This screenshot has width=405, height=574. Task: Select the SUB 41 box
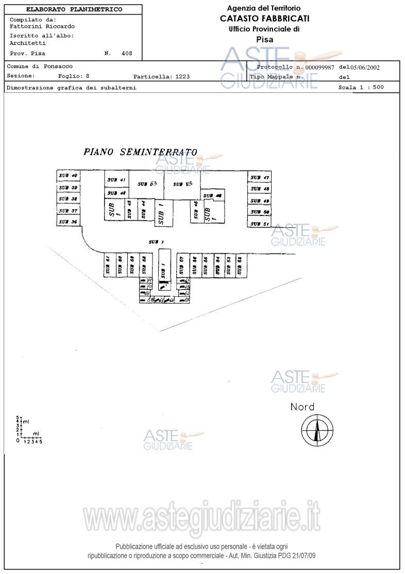coord(116,180)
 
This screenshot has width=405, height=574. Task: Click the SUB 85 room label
coord(182,184)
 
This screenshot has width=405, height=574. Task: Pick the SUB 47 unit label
coord(260,178)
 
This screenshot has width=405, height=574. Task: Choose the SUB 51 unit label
coord(260,224)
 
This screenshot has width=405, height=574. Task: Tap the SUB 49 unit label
coord(260,201)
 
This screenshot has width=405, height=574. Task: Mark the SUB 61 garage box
coord(108,266)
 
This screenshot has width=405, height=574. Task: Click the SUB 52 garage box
coord(240,266)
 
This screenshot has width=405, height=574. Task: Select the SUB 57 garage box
coord(182,266)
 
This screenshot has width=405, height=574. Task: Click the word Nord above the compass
coord(302,407)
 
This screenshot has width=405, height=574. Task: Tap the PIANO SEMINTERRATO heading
coord(140,152)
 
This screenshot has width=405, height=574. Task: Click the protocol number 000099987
coord(319,67)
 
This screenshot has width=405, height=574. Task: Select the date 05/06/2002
coord(366,67)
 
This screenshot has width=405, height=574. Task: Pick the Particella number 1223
coord(182,77)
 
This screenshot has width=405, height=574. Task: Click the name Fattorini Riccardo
coord(42,26)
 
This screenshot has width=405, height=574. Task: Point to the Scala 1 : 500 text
coord(361,87)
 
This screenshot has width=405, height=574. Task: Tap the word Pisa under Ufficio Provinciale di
coord(264,39)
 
